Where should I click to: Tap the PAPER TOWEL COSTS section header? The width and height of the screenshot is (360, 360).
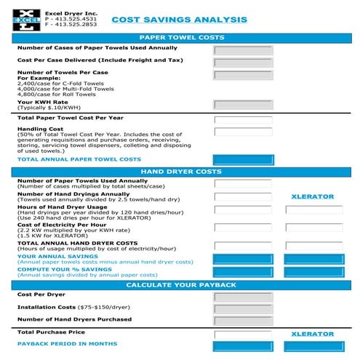[180, 38]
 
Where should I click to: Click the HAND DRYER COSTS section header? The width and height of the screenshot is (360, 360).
[180, 172]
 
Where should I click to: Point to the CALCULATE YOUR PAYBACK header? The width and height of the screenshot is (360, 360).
[180, 284]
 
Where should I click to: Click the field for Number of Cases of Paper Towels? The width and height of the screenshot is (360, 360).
[242, 50]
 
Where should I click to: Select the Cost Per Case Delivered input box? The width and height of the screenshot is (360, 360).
[242, 63]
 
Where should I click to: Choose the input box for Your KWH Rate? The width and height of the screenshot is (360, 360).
[242, 104]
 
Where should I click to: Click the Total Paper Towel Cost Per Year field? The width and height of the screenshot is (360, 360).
[242, 120]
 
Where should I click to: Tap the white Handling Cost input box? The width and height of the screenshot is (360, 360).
[242, 132]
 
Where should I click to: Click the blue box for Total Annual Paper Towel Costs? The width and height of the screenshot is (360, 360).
[242, 159]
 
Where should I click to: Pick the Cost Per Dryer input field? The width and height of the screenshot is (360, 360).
[242, 297]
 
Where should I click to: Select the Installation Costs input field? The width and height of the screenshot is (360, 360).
[242, 308]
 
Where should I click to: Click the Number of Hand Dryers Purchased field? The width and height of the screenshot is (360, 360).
[242, 320]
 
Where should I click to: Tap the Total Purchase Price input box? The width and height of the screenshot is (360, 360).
[242, 333]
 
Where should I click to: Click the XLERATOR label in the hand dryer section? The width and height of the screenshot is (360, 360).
[312, 196]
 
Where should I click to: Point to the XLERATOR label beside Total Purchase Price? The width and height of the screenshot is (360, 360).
[312, 334]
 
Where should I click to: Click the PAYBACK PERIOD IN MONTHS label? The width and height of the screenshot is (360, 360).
[67, 343]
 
